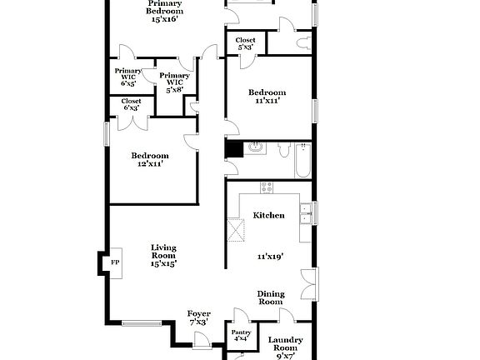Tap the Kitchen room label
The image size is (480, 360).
pos(268,215)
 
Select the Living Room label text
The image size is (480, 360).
pos(163,251)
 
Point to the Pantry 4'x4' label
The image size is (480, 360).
pos(241,335)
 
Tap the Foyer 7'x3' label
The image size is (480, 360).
pos(199,317)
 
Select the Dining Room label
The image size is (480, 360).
pos(271,298)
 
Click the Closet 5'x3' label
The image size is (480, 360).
pos(245,43)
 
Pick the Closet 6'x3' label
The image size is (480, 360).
pos(132,104)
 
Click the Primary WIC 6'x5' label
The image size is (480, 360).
pos(128,77)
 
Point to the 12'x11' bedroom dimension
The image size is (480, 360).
pos(150,164)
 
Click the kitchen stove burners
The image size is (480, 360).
pos(267,187)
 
